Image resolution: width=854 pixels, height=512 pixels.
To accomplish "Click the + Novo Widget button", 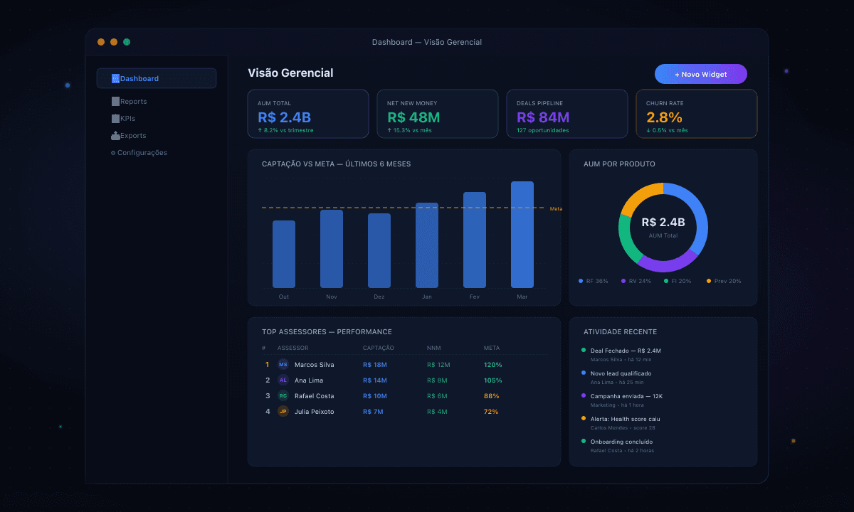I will pos(700,74).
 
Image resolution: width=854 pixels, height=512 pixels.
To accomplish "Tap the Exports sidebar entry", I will pos(133,136).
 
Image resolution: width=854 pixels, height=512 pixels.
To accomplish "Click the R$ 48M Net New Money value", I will pos(413,117).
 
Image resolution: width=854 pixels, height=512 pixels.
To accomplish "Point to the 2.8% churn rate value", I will pos(664,117).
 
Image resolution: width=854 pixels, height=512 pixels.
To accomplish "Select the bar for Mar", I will pos(522,235).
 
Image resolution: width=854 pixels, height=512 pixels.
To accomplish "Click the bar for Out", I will pos(283,254).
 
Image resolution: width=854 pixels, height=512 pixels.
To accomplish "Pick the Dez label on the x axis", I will pos(379,297).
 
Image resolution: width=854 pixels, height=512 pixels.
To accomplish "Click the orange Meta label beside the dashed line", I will pos(556,208).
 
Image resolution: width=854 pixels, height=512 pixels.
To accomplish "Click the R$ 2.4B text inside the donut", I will pos(663,223).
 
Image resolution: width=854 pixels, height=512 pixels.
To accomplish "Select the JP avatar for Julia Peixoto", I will pos(283,412).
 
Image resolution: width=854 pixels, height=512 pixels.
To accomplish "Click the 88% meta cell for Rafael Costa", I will pos(491,396).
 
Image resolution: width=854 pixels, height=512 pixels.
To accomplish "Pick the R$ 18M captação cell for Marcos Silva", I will pos(374,365).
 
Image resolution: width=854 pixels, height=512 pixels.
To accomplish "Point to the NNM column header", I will pos(433,348).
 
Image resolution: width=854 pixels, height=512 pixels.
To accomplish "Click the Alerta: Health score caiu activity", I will pos(625,419).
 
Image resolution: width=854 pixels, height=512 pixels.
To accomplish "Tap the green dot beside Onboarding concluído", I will pos(584,441).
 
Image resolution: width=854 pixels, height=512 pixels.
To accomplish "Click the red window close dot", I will pos(101,42).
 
